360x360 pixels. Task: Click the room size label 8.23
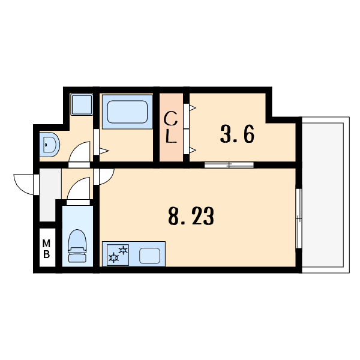click(191, 216)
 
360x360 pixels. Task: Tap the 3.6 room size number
click(237, 134)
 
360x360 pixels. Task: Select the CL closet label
click(170, 127)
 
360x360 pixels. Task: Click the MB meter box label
click(46, 248)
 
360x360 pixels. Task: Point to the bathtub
click(127, 112)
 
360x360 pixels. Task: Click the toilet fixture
click(77, 246)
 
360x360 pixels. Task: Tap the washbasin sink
click(49, 145)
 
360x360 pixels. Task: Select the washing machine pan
click(82, 104)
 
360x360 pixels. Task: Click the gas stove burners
click(118, 255)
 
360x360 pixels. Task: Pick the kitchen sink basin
click(149, 256)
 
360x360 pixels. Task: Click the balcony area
click(326, 195)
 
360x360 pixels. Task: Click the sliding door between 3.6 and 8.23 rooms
click(229, 165)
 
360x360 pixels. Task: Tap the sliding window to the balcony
click(298, 218)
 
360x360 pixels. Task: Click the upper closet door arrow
click(193, 107)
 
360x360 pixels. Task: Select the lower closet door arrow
click(193, 151)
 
